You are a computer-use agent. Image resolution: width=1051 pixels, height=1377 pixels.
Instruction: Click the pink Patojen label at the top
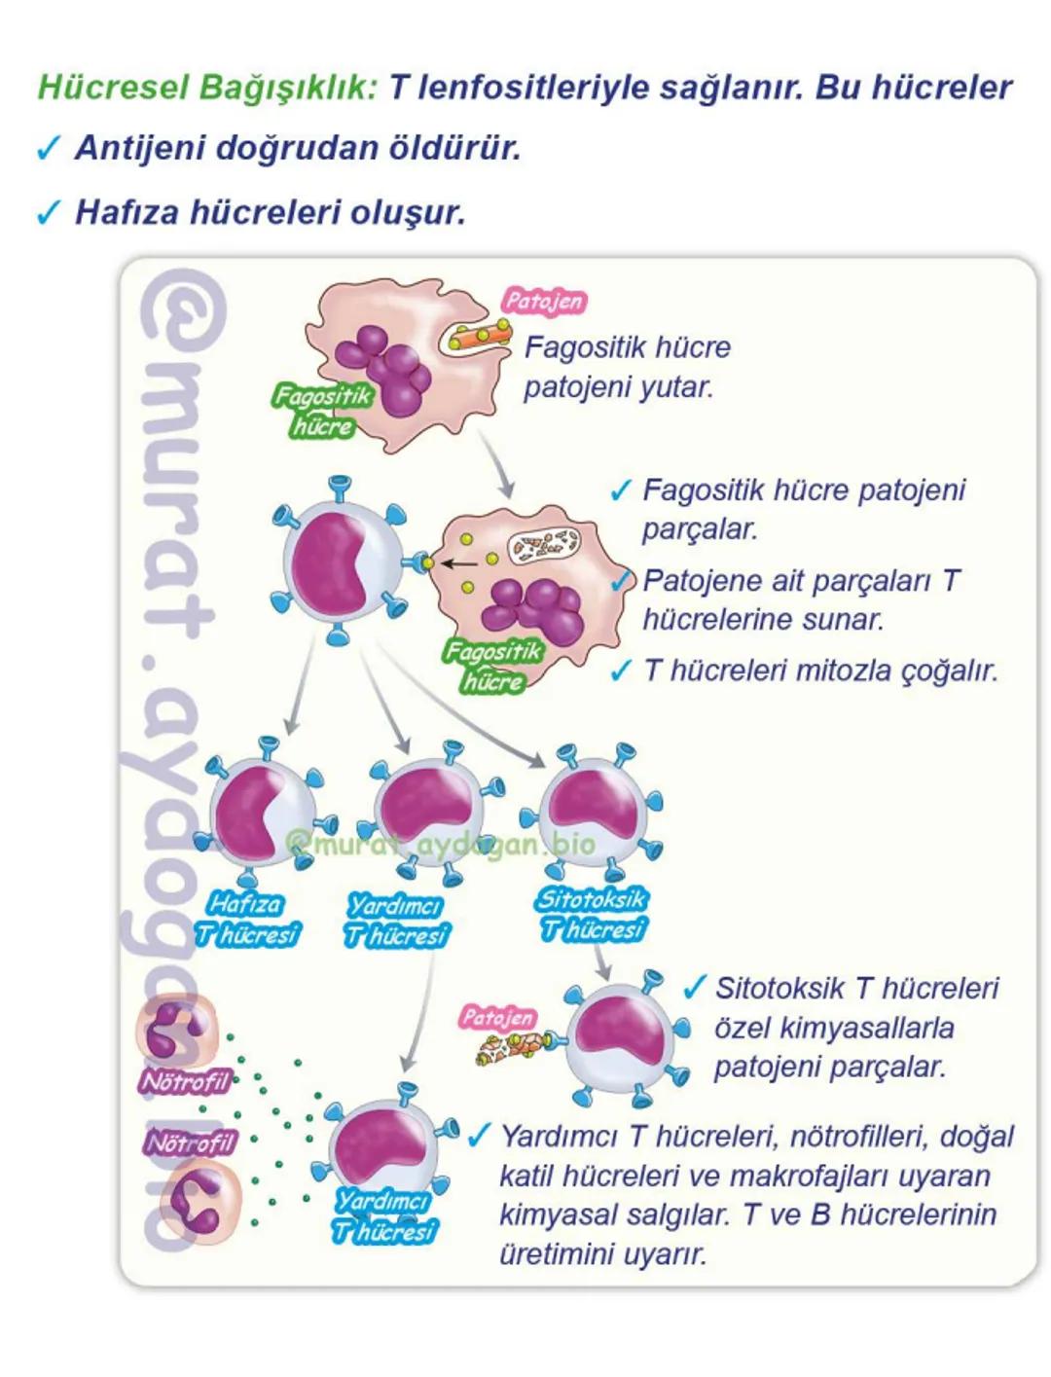coord(544,301)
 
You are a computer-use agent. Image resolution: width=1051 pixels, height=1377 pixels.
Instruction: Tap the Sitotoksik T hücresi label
coord(592,915)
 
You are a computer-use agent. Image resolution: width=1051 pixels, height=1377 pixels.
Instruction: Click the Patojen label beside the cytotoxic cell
coord(498,1018)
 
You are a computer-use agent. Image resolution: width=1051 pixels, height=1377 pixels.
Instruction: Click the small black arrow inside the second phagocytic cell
coord(460,562)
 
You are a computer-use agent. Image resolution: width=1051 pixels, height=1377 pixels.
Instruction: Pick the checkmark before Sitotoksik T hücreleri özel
coord(694,989)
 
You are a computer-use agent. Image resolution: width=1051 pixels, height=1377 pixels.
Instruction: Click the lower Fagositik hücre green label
coord(492,666)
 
